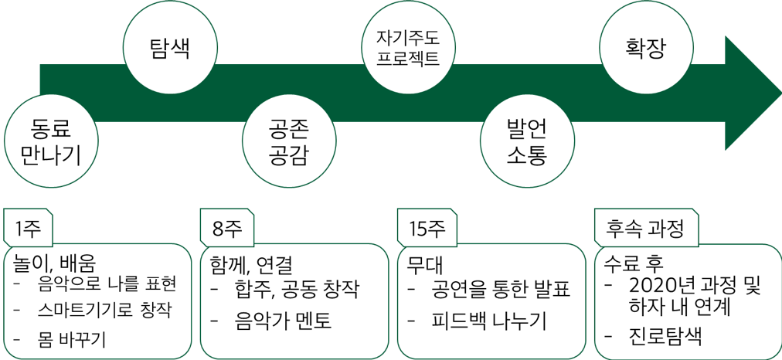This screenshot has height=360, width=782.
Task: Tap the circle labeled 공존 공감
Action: (289, 144)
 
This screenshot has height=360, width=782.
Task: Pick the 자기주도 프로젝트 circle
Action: (407, 49)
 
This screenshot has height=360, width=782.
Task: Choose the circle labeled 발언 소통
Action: (526, 144)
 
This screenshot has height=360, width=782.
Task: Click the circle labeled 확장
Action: (644, 49)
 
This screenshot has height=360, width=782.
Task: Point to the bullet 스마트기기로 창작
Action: (104, 310)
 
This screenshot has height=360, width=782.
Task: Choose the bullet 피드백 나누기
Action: (489, 319)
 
